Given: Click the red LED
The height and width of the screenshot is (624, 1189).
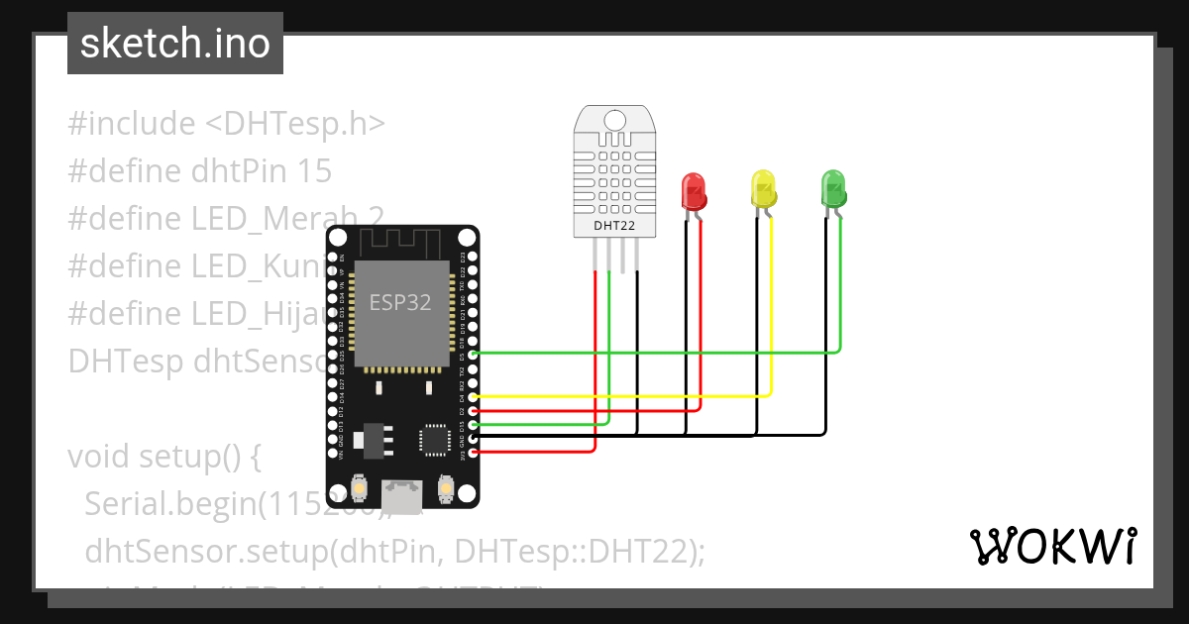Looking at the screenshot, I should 693,190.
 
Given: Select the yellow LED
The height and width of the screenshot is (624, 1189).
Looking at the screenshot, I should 763,188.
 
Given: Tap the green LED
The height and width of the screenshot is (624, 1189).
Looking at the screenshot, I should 833,188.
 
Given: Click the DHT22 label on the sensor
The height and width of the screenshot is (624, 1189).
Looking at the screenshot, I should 614,226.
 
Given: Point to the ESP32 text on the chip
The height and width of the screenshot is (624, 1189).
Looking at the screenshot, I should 400,303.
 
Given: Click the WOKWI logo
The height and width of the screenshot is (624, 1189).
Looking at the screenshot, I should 1052,546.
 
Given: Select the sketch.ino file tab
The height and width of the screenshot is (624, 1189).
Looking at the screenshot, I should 175,44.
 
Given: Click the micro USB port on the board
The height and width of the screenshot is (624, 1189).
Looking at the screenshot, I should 403,491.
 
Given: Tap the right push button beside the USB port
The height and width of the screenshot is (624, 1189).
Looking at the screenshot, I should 445,487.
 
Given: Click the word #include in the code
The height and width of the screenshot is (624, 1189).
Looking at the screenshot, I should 132,124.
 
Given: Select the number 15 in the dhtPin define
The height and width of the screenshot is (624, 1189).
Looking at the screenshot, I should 314,171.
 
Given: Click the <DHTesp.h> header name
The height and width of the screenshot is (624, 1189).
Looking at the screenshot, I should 295,124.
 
